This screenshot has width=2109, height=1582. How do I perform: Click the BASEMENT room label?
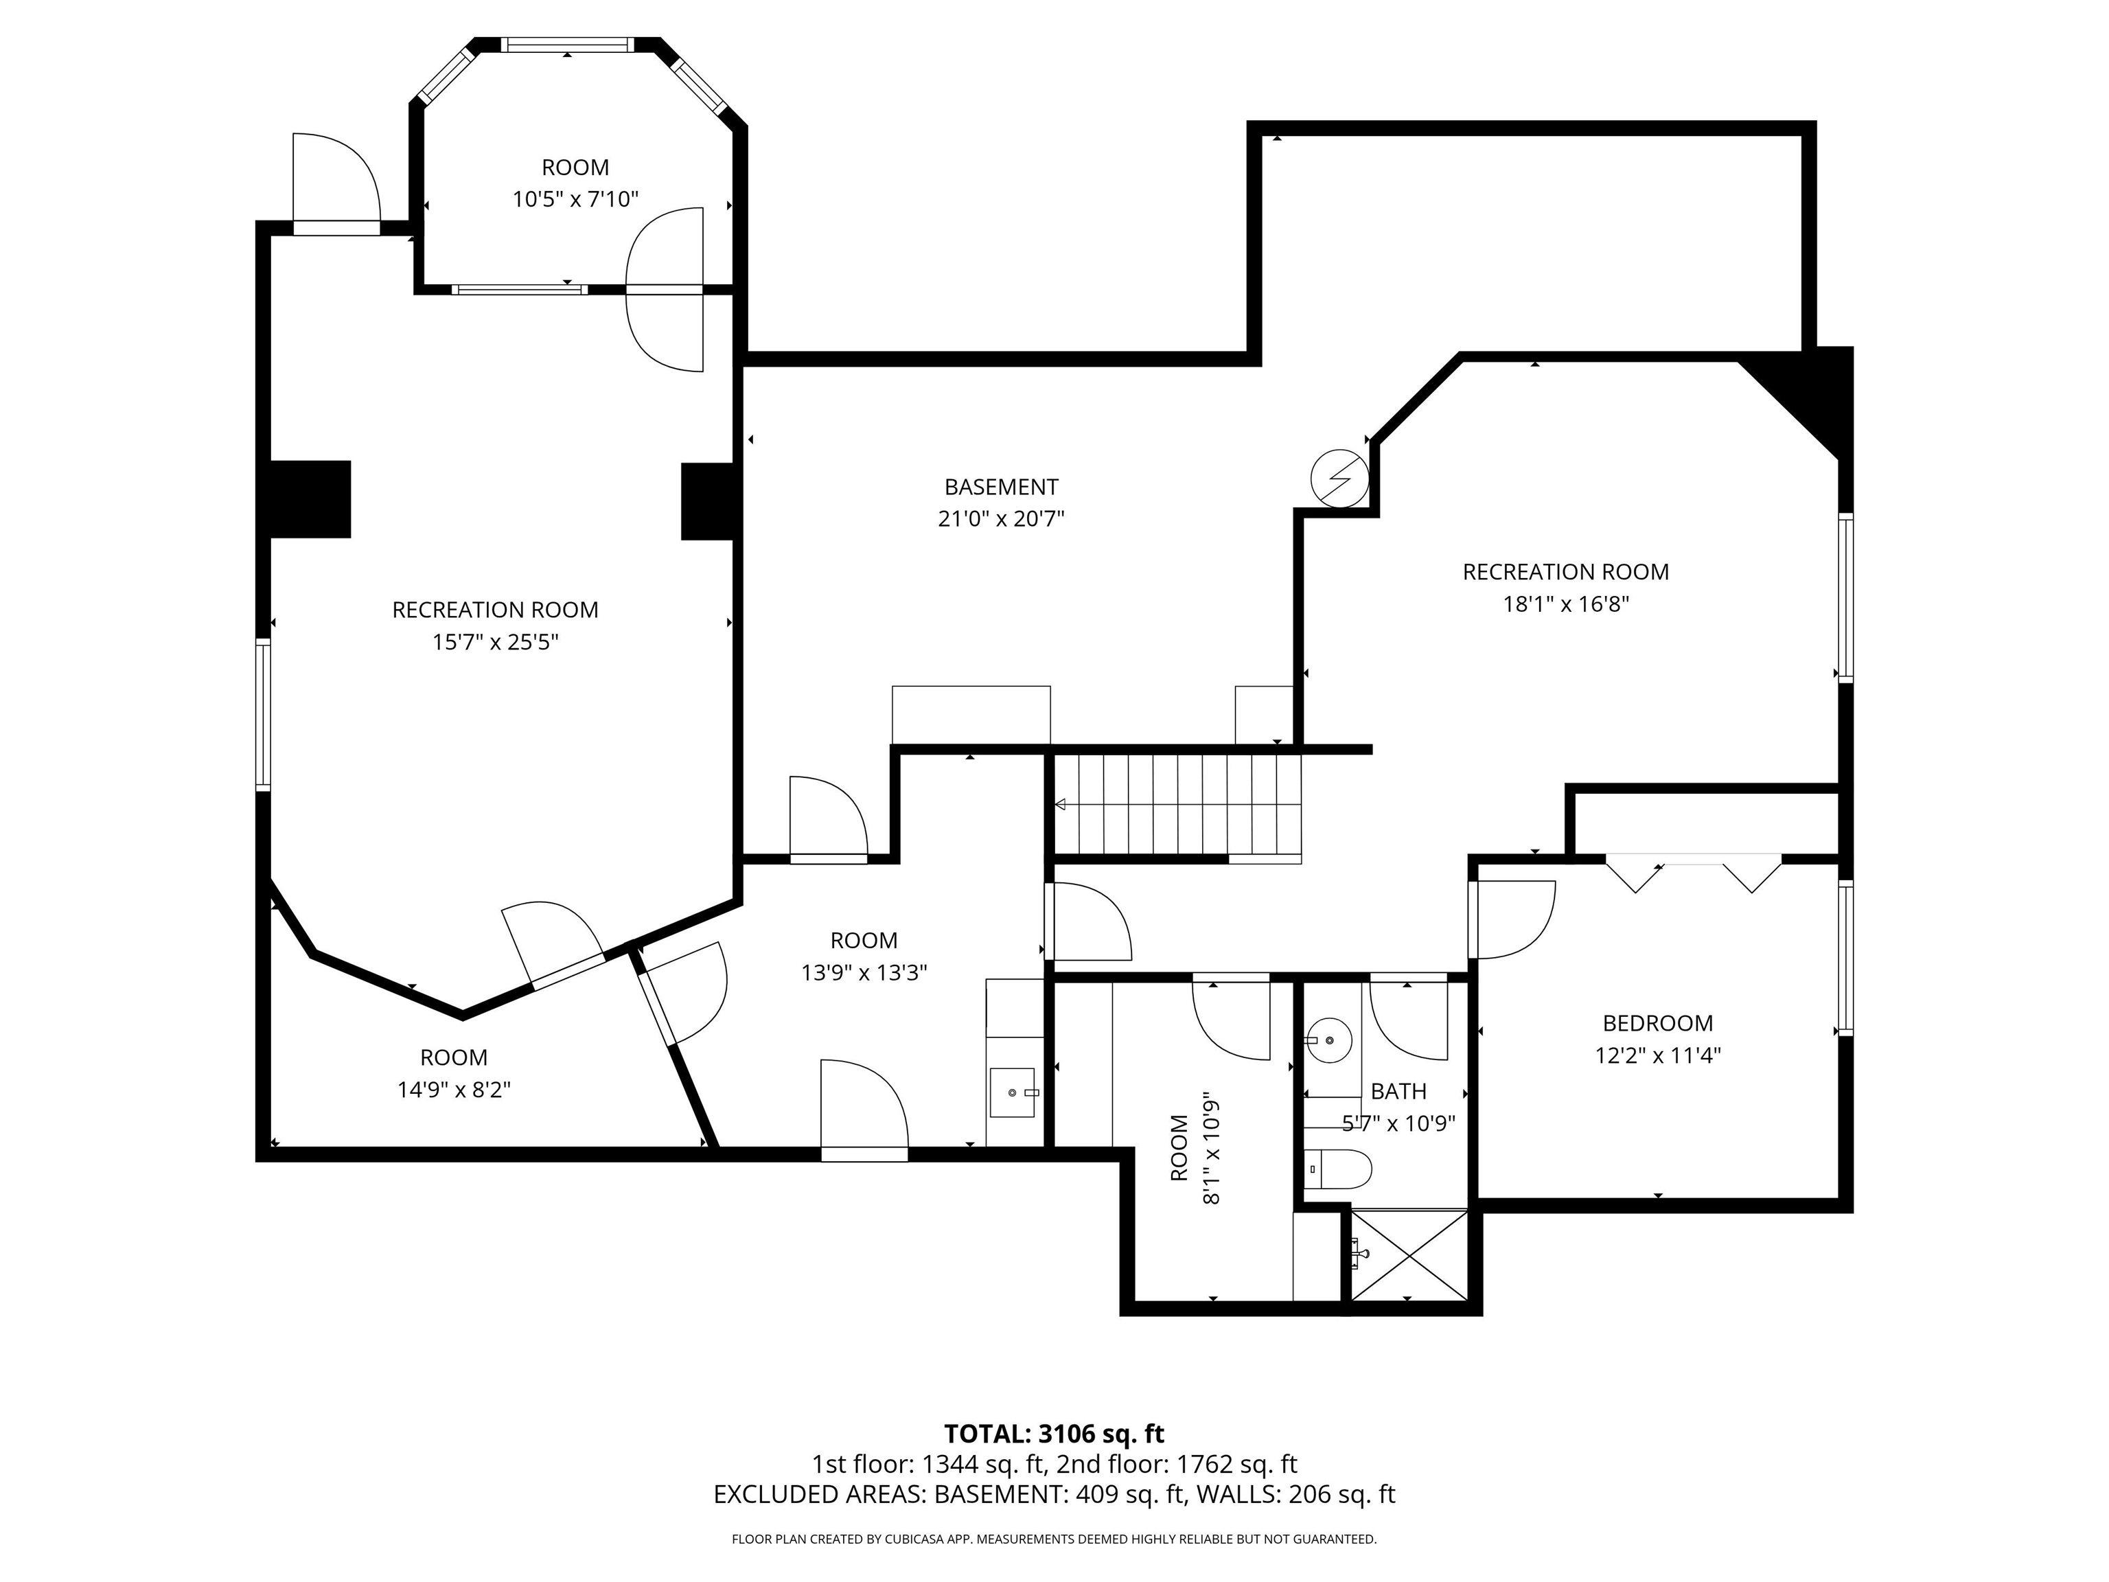[x=1001, y=488]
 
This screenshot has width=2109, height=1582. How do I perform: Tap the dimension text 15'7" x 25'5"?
[x=495, y=642]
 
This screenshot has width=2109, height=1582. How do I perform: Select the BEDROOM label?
[x=1657, y=1023]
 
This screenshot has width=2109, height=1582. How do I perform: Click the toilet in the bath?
[x=1339, y=1168]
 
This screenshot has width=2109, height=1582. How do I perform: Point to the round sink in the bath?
[x=1328, y=1040]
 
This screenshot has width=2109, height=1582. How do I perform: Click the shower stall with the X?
[x=1409, y=1255]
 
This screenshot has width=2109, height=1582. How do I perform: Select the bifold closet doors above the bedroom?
[x=1693, y=873]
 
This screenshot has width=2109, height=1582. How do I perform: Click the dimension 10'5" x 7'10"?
[x=575, y=199]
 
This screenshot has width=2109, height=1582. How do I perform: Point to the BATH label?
[x=1398, y=1091]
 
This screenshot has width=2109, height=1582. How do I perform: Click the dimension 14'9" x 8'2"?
[x=454, y=1089]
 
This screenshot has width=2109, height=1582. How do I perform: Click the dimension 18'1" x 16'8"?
[x=1565, y=604]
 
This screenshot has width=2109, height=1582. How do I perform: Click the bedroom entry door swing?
[x=1511, y=919]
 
